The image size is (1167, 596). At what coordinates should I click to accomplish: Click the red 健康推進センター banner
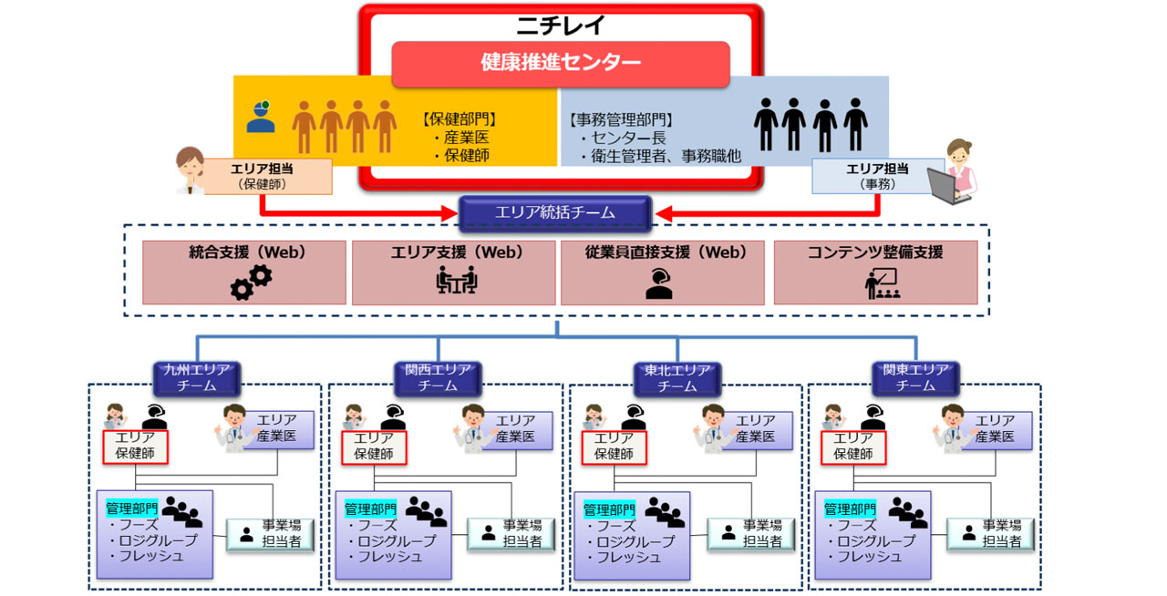[561, 64]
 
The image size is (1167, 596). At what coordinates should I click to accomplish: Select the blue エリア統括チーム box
[554, 213]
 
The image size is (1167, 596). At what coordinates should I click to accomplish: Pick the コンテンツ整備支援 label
[875, 252]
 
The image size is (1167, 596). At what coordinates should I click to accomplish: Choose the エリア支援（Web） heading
[453, 252]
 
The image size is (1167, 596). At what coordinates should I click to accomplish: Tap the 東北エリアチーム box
[677, 377]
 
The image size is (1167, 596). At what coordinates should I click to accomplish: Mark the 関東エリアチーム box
[916, 377]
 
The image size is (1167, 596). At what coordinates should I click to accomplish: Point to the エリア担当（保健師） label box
[268, 175]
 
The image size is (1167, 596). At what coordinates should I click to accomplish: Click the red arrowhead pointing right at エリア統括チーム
[449, 214]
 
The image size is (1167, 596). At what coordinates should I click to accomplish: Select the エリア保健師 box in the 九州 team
[135, 446]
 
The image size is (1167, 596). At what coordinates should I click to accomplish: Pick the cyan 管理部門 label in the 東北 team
[609, 509]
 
